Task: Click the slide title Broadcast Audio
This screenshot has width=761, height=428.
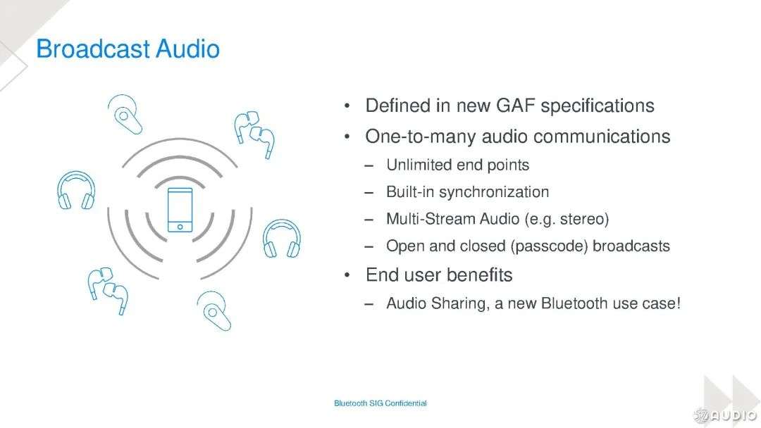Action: tap(128, 49)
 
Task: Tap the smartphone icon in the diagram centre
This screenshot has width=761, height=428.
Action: tap(180, 210)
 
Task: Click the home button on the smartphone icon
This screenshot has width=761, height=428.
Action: tap(180, 227)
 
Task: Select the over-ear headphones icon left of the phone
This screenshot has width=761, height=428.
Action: tap(76, 190)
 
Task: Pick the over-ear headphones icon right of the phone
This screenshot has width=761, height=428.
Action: tap(281, 239)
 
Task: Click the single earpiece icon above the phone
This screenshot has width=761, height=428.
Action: tap(125, 115)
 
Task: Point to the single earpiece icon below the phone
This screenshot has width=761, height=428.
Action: tap(214, 310)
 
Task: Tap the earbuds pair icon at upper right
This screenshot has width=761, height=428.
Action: tap(254, 134)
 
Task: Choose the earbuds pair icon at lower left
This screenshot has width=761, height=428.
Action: tap(108, 290)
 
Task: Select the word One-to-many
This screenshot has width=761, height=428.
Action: tap(420, 137)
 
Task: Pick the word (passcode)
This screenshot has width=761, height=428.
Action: tap(549, 246)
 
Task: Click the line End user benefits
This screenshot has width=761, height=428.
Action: tap(439, 275)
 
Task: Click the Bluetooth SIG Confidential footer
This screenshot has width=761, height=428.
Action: tap(380, 403)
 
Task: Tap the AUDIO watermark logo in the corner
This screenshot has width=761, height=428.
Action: tap(726, 415)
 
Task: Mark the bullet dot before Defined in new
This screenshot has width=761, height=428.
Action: tap(347, 106)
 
